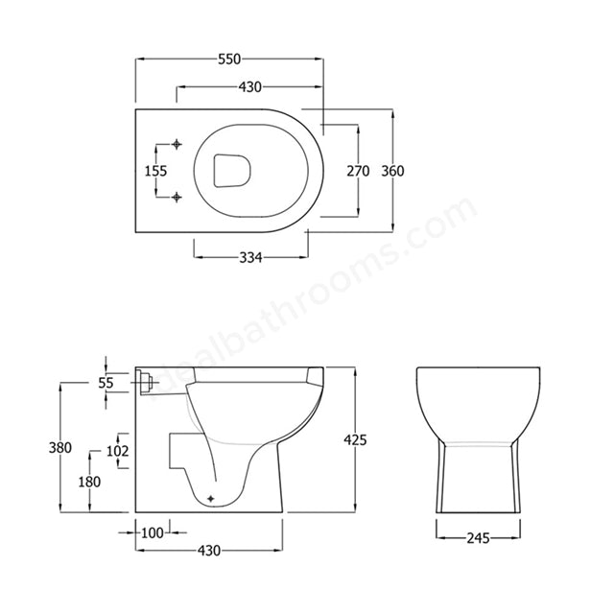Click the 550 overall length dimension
(229, 59)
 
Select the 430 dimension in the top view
(250, 87)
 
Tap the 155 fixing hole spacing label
(155, 171)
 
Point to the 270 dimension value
(358, 171)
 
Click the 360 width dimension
(393, 171)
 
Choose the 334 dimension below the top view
(250, 256)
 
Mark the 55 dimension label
(106, 382)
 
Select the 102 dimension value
(117, 450)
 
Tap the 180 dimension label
(89, 482)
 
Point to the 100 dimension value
(152, 531)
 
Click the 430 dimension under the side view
(210, 551)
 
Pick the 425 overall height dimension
(355, 439)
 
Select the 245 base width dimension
(480, 538)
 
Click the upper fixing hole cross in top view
(177, 145)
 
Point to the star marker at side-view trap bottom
(211, 498)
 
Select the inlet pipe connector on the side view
(146, 382)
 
